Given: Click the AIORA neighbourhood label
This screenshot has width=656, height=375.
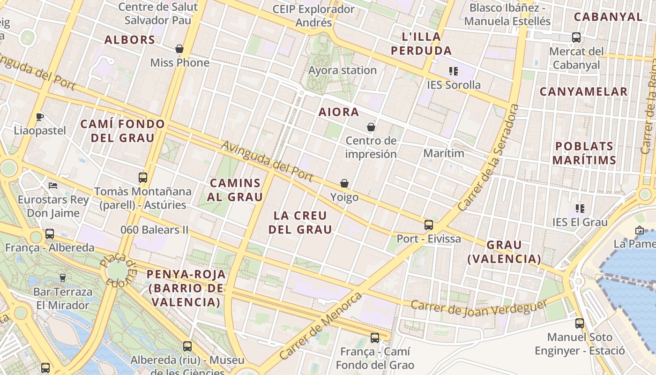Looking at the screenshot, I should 339,112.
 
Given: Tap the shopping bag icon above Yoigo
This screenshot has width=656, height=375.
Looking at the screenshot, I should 344,183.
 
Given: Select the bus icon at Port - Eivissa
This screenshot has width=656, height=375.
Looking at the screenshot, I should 429,225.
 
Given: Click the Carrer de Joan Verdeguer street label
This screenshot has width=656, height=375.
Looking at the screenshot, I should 479,308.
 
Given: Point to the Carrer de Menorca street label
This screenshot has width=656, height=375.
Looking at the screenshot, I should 321,326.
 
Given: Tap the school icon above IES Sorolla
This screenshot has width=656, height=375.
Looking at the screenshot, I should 453,71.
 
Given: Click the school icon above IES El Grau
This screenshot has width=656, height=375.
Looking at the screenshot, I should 580,209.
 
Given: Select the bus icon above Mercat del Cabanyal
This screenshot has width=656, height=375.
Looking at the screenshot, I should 576,37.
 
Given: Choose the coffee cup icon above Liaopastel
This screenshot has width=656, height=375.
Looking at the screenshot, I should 40,117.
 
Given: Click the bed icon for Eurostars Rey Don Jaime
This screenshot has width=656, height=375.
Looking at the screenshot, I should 53,186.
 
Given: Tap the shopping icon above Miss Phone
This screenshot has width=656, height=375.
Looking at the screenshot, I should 179,49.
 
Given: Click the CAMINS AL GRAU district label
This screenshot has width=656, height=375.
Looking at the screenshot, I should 235,190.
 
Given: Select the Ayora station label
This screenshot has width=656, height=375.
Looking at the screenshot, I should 343,70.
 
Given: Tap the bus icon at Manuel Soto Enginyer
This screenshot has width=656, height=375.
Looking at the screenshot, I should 580,323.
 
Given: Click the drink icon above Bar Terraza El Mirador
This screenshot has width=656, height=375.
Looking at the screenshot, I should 62,278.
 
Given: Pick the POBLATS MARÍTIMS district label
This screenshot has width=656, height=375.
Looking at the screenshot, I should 584,153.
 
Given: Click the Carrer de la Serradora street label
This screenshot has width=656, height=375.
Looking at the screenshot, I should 489,157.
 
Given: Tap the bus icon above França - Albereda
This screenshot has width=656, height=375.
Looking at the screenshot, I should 49,234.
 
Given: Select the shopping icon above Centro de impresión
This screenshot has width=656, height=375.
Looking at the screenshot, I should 371,127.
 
